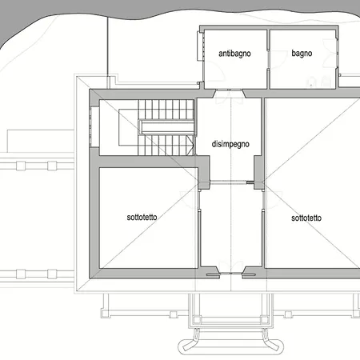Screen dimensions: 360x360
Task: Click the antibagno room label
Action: click(x=234, y=54)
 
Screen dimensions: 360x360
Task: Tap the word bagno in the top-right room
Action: click(x=302, y=54)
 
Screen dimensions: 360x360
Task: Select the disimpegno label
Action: click(x=230, y=144)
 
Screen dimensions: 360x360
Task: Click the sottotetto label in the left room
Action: click(x=142, y=217)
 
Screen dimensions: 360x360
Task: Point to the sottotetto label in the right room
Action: click(x=306, y=218)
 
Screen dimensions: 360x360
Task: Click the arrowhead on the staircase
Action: click(x=190, y=146)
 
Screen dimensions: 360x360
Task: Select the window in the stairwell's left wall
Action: click(x=94, y=126)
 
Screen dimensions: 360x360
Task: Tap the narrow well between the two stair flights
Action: click(x=167, y=127)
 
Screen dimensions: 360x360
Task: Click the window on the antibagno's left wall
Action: click(x=200, y=46)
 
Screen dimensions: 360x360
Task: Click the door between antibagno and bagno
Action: click(x=268, y=59)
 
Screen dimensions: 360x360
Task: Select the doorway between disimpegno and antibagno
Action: click(x=229, y=94)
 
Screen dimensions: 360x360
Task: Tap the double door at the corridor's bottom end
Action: click(x=231, y=269)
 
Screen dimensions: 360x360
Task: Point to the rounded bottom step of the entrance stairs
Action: click(x=230, y=346)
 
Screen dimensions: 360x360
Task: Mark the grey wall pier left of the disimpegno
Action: click(x=204, y=173)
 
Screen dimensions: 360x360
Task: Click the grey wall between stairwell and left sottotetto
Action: click(x=148, y=162)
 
